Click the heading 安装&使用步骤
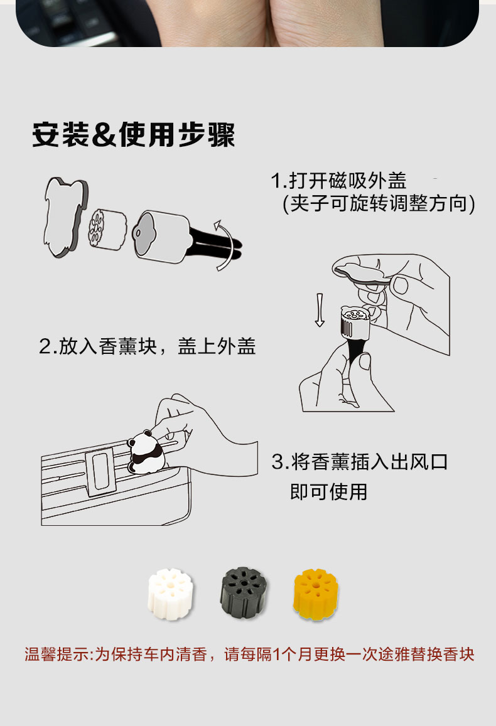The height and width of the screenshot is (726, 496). click(133, 135)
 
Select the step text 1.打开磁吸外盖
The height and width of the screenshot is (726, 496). click(338, 181)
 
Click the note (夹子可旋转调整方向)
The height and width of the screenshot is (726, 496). click(379, 203)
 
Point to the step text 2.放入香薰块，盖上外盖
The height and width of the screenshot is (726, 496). click(148, 346)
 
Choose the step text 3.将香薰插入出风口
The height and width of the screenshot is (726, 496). click(359, 462)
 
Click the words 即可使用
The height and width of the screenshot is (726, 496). click(328, 491)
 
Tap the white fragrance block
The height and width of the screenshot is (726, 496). click(170, 594)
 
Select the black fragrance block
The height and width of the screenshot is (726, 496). click(244, 592)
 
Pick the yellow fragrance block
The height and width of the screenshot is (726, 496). click(316, 594)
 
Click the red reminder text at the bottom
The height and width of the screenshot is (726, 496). click(249, 654)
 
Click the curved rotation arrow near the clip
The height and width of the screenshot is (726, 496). click(225, 245)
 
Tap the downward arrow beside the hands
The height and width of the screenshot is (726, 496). click(320, 310)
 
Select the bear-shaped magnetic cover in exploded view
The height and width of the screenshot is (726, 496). click(66, 216)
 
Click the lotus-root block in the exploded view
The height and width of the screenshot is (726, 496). click(107, 229)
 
